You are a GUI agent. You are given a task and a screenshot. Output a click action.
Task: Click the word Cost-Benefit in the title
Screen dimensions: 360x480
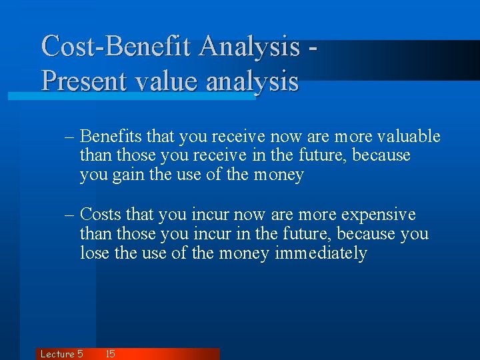(x=117, y=47)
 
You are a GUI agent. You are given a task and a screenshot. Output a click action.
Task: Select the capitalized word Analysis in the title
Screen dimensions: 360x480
(x=249, y=47)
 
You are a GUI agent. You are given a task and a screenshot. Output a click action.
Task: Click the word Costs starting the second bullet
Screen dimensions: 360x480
(x=101, y=215)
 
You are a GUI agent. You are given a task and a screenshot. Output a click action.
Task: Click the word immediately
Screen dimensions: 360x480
(x=321, y=253)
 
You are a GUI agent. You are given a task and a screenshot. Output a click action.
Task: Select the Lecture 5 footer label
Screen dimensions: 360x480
(x=61, y=354)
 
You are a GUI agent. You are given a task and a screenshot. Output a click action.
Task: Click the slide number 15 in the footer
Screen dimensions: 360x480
(x=110, y=354)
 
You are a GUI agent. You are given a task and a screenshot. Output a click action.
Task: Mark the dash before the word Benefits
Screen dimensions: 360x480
(x=70, y=137)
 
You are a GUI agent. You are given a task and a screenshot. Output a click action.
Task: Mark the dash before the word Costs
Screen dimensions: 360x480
(x=70, y=215)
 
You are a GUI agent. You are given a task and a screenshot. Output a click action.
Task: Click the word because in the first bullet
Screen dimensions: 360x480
(x=381, y=156)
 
